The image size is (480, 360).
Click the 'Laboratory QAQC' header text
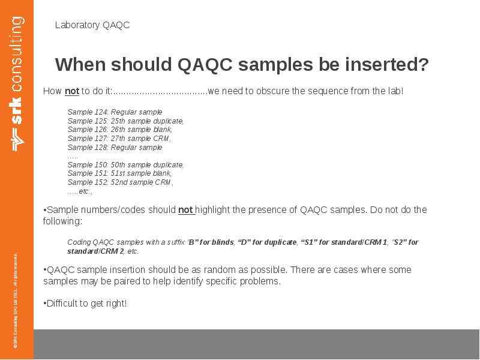(92, 25)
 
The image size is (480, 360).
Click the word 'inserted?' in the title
(389, 64)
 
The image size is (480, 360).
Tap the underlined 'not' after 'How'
(72, 91)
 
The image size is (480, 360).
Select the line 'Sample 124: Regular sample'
(115, 112)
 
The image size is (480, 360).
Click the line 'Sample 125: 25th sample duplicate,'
(125, 121)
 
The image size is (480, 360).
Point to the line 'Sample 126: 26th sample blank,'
(120, 130)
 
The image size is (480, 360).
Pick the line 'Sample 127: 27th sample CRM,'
(119, 138)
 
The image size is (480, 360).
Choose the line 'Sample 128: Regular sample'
(115, 147)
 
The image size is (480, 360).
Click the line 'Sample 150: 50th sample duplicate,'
(125, 164)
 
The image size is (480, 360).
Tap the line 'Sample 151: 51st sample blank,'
(120, 173)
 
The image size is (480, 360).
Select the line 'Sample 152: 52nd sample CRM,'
(120, 182)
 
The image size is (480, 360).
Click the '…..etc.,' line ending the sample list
(80, 191)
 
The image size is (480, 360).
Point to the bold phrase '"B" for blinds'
(211, 242)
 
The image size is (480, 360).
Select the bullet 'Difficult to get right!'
(85, 304)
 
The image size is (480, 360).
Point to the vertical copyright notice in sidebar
(16, 300)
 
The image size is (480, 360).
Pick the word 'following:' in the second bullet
(62, 221)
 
